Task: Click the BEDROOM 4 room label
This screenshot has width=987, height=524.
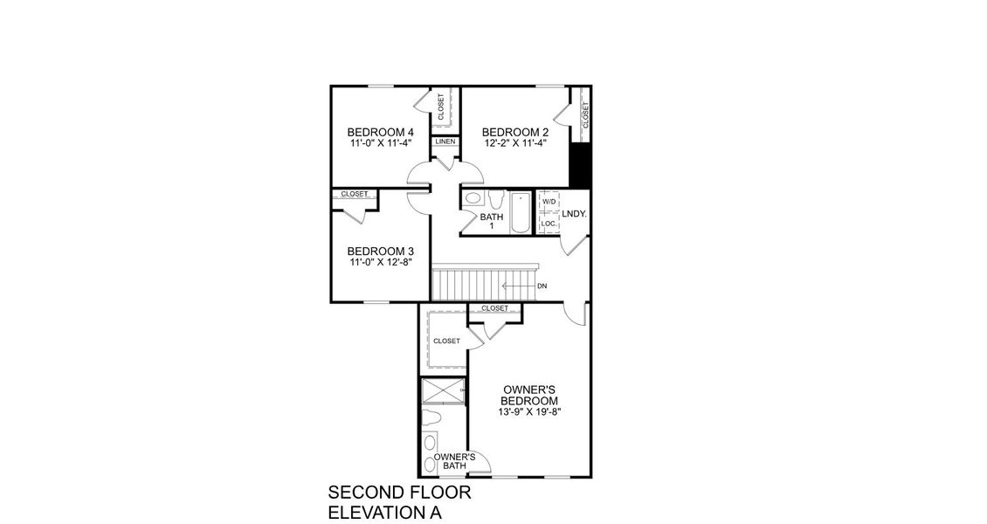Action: (368, 132)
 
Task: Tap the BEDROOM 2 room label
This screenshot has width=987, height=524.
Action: (515, 132)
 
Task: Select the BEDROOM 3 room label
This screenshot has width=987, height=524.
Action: (368, 251)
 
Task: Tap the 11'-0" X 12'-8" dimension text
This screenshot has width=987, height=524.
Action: (368, 261)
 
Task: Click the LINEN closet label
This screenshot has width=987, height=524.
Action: (445, 141)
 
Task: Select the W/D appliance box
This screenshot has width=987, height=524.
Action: (549, 202)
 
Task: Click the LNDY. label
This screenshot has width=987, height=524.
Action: (574, 213)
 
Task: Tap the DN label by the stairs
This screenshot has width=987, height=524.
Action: (542, 286)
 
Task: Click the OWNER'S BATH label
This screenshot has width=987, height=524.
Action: (454, 461)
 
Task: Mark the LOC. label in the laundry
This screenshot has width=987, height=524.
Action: (549, 224)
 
